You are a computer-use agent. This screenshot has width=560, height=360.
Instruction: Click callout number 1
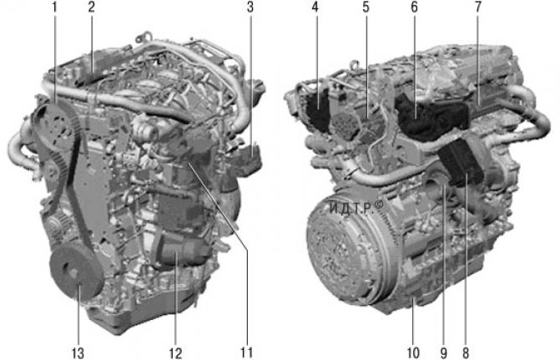[54, 8]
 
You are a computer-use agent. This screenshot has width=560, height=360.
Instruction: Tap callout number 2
[92, 8]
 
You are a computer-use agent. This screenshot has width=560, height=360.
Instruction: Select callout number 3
[249, 8]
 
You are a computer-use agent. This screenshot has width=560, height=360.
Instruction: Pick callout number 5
[365, 8]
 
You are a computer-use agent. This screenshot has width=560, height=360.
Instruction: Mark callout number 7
[477, 8]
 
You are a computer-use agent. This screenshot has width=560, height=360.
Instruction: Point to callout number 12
[175, 352]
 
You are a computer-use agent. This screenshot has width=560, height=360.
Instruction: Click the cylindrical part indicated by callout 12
[177, 251]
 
